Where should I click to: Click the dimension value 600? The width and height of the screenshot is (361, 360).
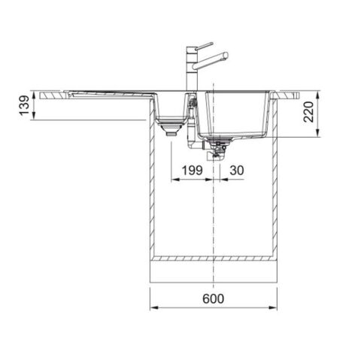(x=213, y=299)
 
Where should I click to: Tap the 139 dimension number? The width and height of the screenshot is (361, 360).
(x=26, y=105)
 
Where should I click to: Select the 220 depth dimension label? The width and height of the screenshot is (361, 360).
(x=308, y=112)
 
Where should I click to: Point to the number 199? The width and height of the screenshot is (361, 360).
(x=192, y=171)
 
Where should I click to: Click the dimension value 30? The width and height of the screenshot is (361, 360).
(x=237, y=171)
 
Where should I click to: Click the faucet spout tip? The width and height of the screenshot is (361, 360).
(x=226, y=56)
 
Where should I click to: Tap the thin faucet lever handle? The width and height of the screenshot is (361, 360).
(x=205, y=46)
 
